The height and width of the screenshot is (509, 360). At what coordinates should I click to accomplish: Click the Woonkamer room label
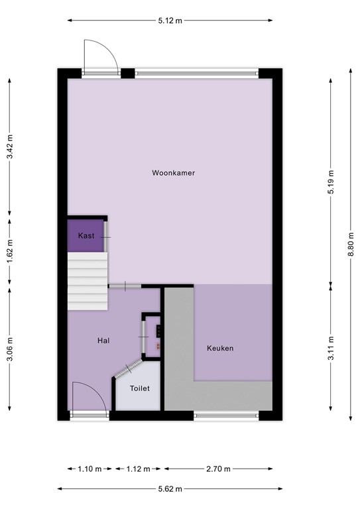(173, 173)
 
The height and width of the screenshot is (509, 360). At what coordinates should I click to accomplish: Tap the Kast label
(86, 236)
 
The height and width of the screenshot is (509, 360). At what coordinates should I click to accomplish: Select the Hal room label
(103, 341)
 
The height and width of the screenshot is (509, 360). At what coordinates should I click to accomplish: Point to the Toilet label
(139, 389)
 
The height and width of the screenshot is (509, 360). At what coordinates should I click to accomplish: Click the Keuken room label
(220, 348)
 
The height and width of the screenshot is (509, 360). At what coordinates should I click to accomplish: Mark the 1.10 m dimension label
(85, 469)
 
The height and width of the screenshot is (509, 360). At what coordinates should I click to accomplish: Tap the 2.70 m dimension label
(217, 469)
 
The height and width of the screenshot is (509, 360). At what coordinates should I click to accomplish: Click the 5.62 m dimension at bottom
(170, 489)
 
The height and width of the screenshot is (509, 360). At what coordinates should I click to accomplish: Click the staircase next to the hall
(87, 282)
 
